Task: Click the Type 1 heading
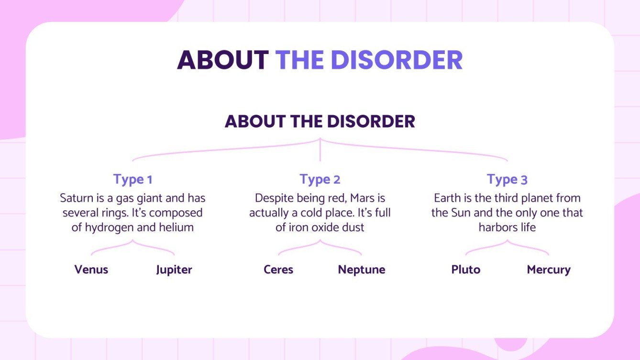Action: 132,180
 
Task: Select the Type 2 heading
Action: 320,180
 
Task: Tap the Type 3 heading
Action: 507,180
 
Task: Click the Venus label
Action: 91,270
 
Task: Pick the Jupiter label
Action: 174,270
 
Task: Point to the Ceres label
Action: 278,270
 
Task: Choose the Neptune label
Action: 362,270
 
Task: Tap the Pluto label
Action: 466,270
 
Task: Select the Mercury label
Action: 549,270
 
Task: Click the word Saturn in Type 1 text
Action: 76,198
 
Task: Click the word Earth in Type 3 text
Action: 448,198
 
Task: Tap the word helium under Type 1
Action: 178,228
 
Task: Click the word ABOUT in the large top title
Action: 223,60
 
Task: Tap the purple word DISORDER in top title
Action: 397,60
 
